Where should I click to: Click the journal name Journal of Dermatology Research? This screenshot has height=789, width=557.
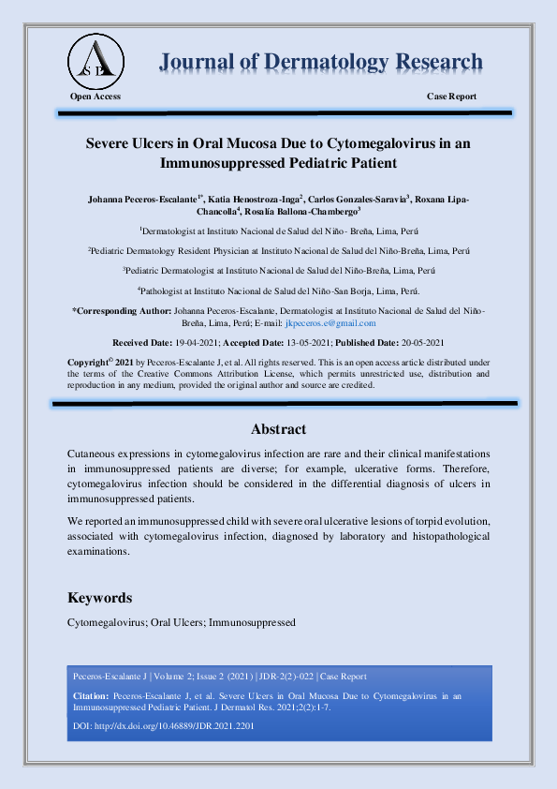[x=321, y=63]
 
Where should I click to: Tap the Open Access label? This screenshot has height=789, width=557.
[x=95, y=97]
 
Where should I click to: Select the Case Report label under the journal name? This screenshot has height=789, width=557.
[x=451, y=97]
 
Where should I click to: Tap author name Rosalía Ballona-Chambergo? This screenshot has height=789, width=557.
[x=303, y=212]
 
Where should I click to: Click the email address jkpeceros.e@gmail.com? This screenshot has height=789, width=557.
[x=330, y=322]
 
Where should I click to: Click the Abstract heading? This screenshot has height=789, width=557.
[x=278, y=429]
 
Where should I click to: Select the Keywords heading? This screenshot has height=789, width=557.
[x=100, y=598]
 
